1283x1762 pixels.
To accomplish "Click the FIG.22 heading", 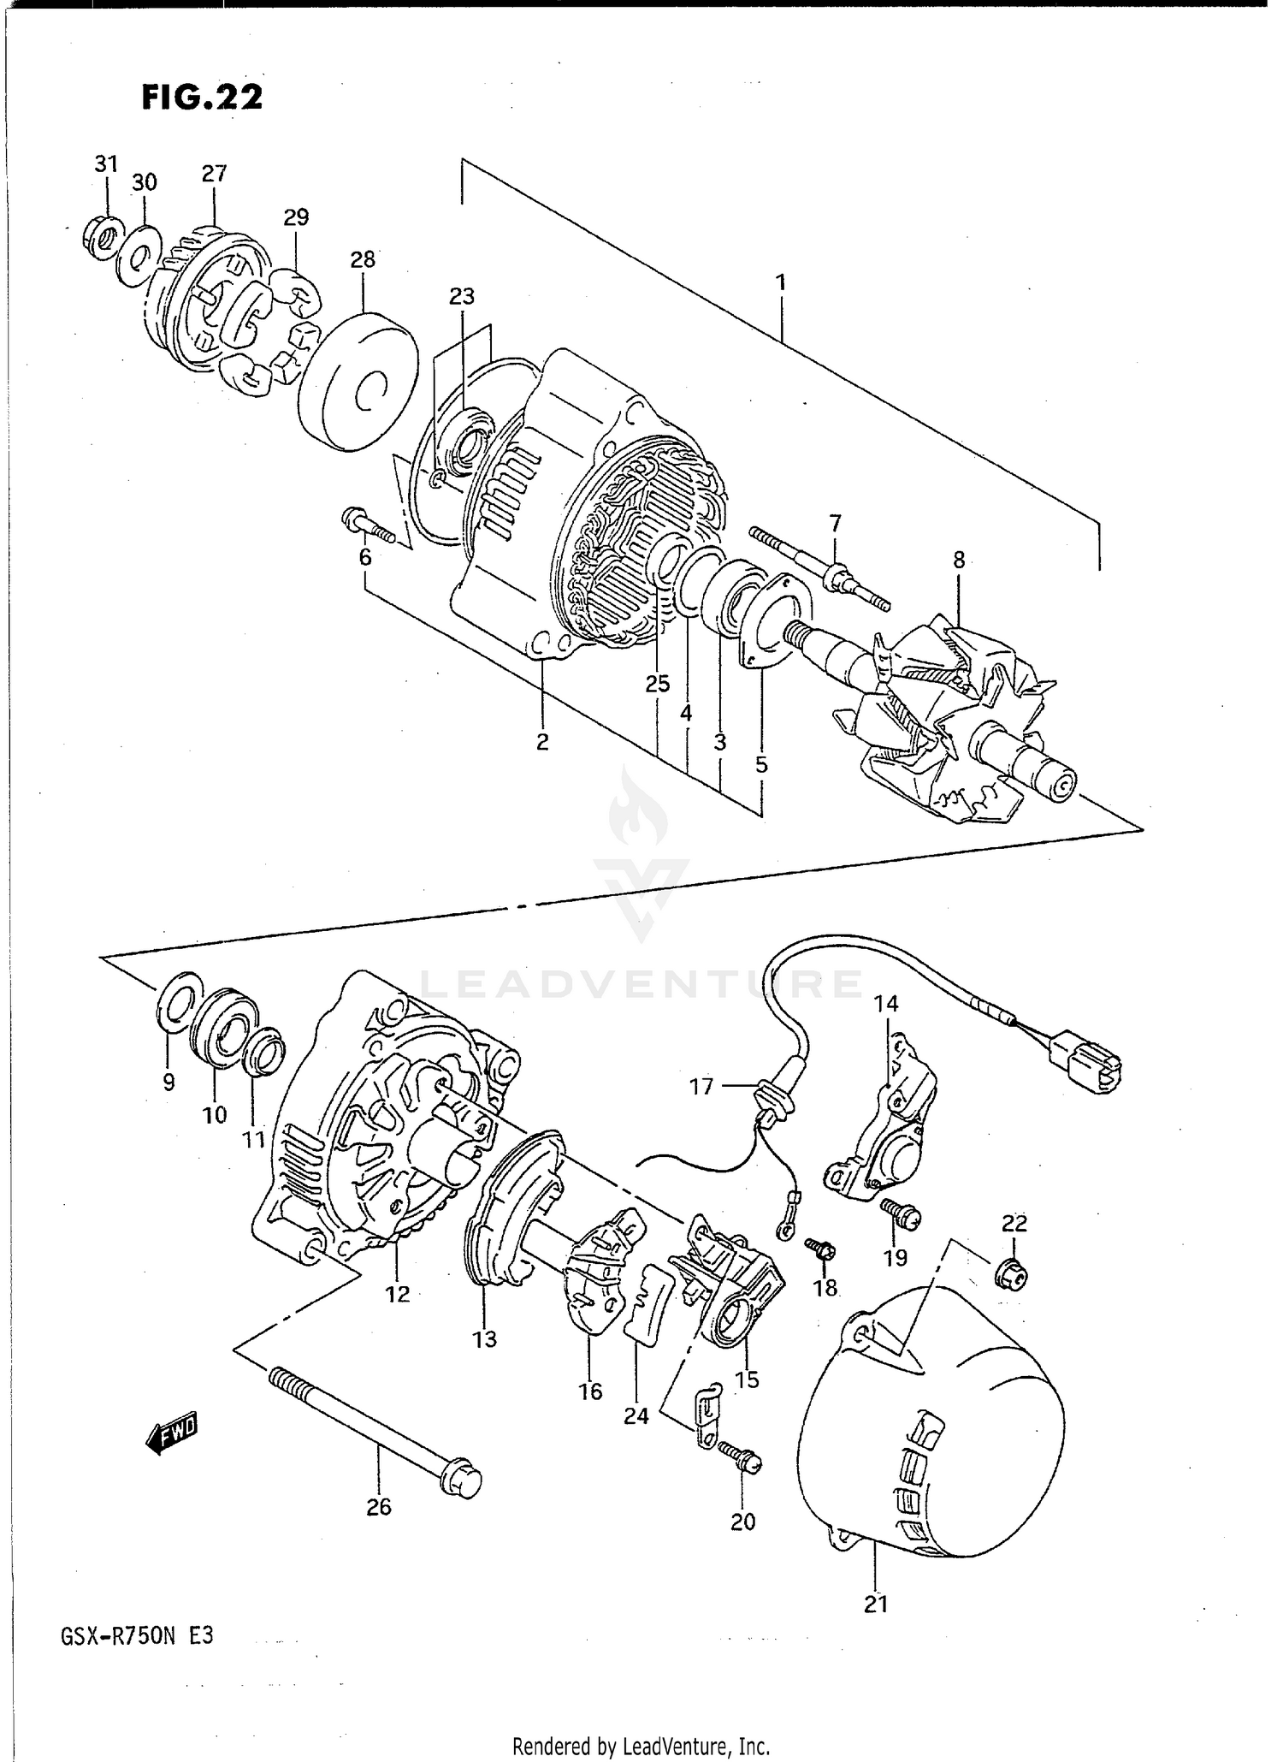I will tap(202, 98).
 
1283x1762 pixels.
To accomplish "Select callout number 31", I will tap(105, 164).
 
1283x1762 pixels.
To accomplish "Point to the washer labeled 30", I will tap(139, 255).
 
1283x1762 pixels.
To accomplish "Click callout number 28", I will tap(363, 259).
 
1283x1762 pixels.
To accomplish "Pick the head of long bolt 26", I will tap(462, 1481).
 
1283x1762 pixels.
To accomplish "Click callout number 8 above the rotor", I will tap(959, 561).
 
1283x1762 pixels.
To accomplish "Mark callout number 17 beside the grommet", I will tap(701, 1087).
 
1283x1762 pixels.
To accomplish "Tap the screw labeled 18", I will tap(822, 1251).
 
